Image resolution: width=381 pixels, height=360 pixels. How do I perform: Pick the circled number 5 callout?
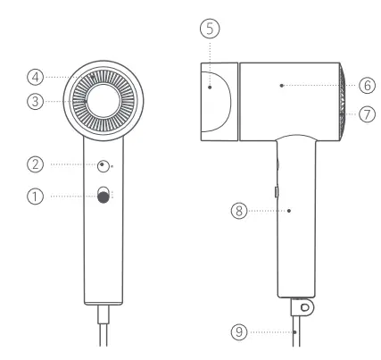pyautogui.click(x=208, y=29)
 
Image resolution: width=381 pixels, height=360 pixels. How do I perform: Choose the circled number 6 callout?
pyautogui.click(x=367, y=85)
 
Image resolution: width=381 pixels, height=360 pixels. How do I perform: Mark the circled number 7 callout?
pyautogui.click(x=367, y=114)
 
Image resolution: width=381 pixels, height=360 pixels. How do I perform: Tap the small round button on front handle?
pyautogui.click(x=104, y=166)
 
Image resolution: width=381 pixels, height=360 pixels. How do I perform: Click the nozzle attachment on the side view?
pyautogui.click(x=216, y=98)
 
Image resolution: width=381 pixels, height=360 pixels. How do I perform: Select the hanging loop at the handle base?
pyautogui.click(x=306, y=306)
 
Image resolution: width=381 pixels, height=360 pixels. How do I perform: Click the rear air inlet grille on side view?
pyautogui.click(x=345, y=99)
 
